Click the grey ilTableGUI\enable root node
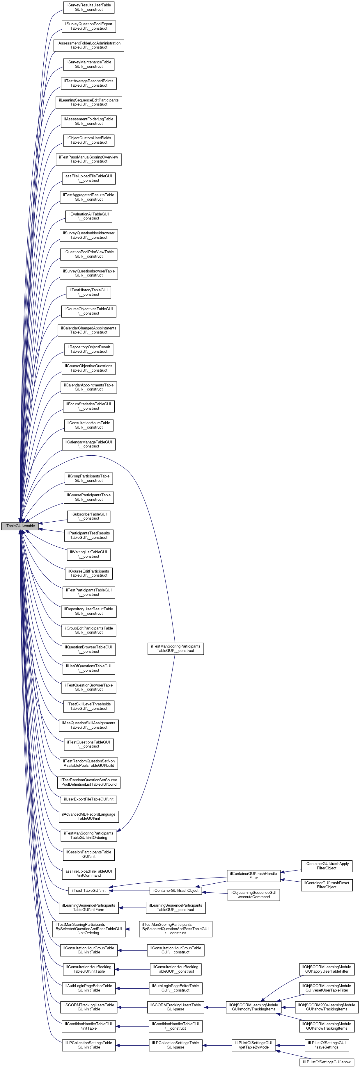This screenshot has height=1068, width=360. click(19, 526)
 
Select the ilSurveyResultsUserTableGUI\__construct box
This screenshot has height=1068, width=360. click(89, 7)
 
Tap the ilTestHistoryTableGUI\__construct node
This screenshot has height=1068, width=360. click(89, 292)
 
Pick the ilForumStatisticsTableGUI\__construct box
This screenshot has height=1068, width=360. click(89, 406)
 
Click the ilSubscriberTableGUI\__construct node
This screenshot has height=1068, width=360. click(89, 516)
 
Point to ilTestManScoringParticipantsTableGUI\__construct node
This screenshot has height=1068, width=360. click(175, 648)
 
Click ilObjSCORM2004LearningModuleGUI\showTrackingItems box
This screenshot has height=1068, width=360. click(327, 1007)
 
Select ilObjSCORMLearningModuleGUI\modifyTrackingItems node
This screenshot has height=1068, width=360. click(253, 1007)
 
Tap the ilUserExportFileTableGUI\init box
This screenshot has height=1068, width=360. click(89, 799)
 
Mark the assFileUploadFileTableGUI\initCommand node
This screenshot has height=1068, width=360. click(89, 873)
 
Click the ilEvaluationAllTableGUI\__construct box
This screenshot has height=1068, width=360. click(89, 216)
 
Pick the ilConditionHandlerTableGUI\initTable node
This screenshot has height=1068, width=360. click(89, 1026)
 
